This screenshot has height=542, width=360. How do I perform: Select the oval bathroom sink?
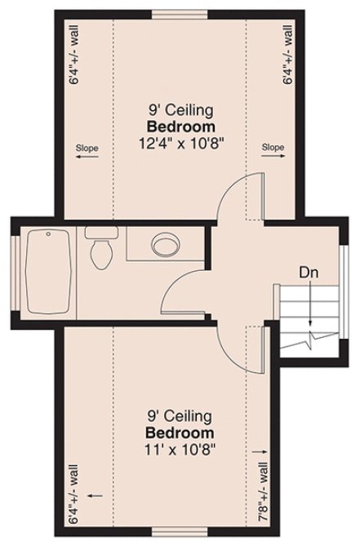(x=167, y=244)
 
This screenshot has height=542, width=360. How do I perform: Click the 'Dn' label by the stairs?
(x=308, y=270)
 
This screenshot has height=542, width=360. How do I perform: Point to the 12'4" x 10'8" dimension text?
(x=180, y=142)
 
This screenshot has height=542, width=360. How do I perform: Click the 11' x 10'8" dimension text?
(x=180, y=447)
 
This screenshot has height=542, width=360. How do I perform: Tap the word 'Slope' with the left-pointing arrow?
(x=87, y=148)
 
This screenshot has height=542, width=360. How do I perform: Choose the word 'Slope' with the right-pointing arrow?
(x=273, y=148)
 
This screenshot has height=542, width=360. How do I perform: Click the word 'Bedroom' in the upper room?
(x=180, y=127)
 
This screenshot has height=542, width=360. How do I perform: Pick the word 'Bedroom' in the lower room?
(x=180, y=433)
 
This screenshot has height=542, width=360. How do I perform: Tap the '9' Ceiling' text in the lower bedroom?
(x=180, y=417)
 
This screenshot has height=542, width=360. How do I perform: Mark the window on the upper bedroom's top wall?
(x=180, y=11)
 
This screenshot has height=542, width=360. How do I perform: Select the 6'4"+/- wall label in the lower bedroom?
(x=73, y=494)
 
